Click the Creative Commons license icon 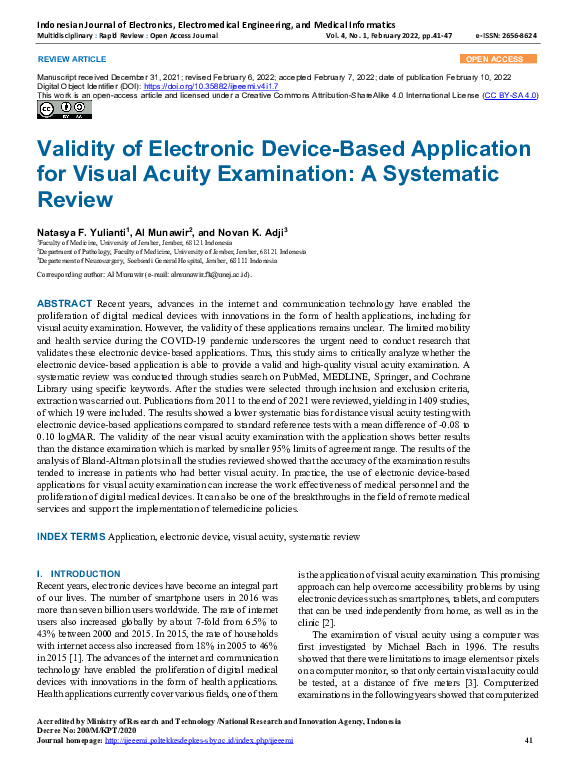pyautogui.click(x=51, y=110)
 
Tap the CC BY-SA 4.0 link pyautogui.click(x=510, y=95)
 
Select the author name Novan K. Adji pyautogui.click(x=249, y=230)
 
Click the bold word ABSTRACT pyautogui.click(x=64, y=303)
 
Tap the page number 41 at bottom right pyautogui.click(x=529, y=767)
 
